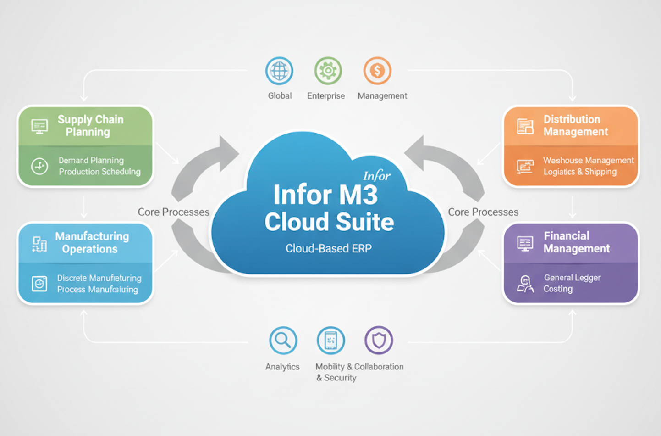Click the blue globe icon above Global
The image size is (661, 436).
pos(279,71)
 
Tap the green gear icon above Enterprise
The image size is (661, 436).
pos(328,71)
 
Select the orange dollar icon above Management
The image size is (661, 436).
pos(377,71)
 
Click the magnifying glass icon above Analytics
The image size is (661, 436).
pos(283,341)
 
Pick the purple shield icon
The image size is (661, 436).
pos(379,341)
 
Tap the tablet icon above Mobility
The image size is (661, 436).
pos(330,341)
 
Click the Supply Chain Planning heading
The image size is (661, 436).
pos(90,126)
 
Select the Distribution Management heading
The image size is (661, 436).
pos(575,126)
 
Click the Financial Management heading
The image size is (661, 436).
pos(576,242)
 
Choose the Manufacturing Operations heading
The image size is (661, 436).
pos(92,242)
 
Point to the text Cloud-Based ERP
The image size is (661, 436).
pos(329,248)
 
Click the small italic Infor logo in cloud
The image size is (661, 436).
pos(376,176)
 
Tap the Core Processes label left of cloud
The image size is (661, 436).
pos(173,212)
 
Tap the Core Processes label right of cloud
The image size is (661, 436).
pos(483,212)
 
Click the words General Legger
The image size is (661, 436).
pos(572,278)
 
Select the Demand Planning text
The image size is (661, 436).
pos(91,160)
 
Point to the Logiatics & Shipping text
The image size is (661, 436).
pos(580,172)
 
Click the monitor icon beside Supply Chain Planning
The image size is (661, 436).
pos(39,126)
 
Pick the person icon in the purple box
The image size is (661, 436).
pos(525,284)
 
